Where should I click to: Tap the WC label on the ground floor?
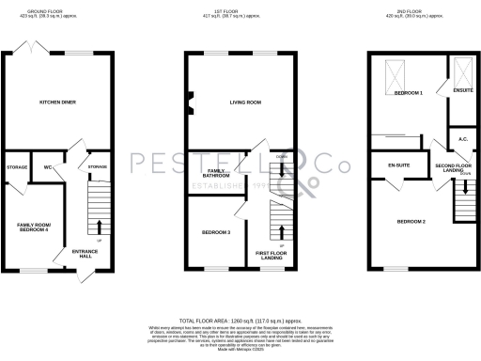click(x=46, y=167)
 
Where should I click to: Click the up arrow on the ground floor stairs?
click(x=100, y=226)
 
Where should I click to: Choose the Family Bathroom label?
click(x=217, y=173)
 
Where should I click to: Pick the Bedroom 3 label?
click(x=216, y=231)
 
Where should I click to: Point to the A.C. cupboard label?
click(x=463, y=139)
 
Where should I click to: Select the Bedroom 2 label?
click(x=411, y=221)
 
